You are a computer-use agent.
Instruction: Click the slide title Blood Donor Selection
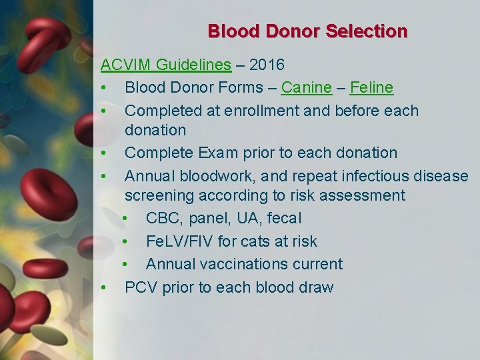point(307,31)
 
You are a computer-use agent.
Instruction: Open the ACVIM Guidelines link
point(166,65)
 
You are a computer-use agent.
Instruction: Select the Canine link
point(306,88)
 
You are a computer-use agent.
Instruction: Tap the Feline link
point(371,88)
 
